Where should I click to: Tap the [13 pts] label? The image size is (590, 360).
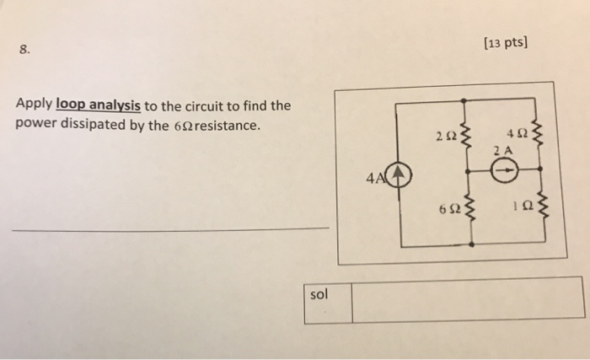point(507,44)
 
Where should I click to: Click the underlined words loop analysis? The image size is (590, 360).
point(99,107)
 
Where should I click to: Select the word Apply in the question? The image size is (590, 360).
point(33,107)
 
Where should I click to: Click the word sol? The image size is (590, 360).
point(319,295)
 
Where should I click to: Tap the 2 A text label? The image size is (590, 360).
point(504,150)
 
